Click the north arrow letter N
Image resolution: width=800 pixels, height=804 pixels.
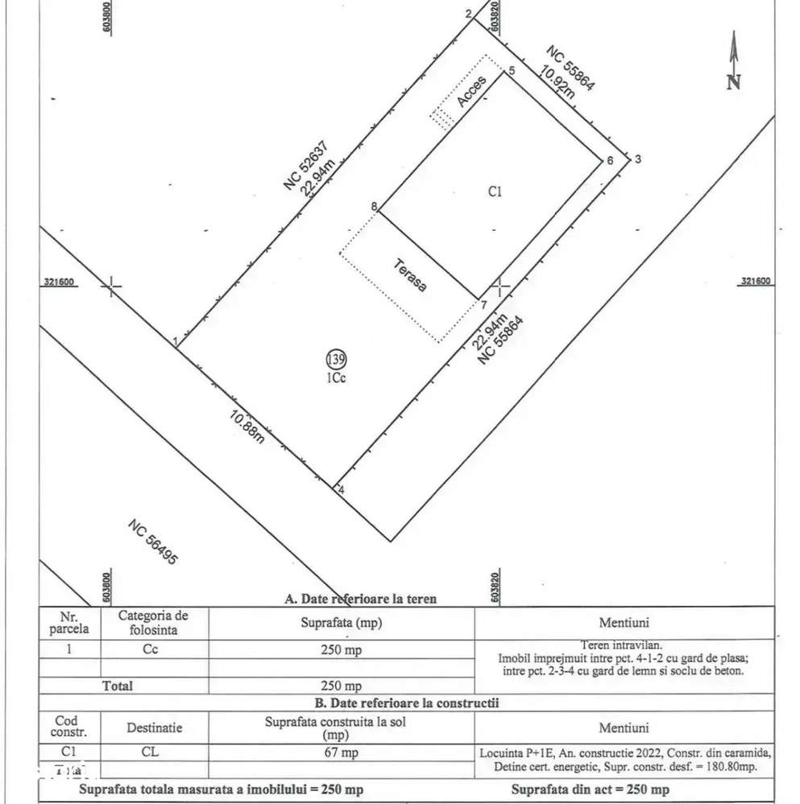[733, 81]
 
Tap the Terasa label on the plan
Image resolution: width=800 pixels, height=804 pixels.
[411, 274]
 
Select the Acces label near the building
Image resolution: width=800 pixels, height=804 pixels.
[471, 91]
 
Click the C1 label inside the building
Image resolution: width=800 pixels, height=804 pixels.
[495, 192]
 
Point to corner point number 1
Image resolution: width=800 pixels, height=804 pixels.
[175, 342]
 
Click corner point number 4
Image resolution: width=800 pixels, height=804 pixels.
[341, 489]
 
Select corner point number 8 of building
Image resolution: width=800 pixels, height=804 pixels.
[374, 206]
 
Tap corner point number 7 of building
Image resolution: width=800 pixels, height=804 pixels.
[483, 304]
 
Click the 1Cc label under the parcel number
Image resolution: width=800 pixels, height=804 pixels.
[336, 378]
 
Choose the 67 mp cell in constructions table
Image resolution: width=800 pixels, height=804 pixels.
[342, 752]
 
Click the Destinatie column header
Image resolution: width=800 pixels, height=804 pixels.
[154, 728]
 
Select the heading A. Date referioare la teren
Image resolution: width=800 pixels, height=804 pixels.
[361, 598]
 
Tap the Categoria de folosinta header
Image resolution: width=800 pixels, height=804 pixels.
[153, 622]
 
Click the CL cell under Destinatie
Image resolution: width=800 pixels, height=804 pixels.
[154, 752]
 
